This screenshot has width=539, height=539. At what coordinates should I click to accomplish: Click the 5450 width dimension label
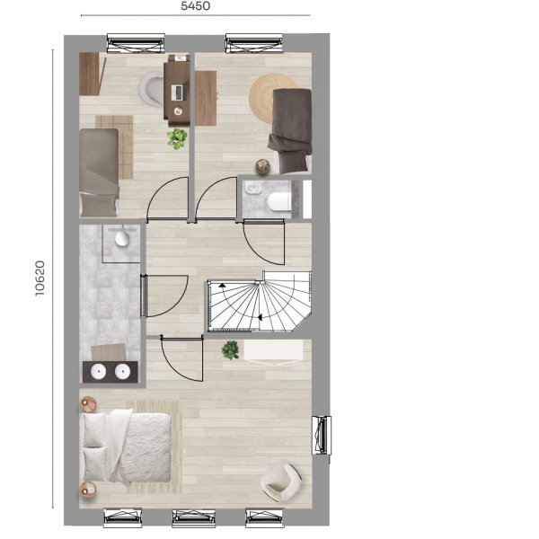click(195, 6)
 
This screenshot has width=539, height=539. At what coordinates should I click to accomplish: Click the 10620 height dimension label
click(40, 278)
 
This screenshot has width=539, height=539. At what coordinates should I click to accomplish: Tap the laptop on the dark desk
click(179, 93)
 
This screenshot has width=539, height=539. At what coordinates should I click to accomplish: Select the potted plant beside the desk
click(177, 139)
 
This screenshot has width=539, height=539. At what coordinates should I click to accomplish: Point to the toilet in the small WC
click(279, 201)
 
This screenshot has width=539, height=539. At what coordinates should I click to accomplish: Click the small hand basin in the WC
click(253, 188)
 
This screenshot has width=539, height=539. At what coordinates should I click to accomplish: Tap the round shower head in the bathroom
click(121, 239)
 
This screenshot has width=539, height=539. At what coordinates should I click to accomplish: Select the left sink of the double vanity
click(98, 372)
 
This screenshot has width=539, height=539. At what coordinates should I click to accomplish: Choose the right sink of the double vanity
click(122, 372)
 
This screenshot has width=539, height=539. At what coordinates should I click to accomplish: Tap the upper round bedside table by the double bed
click(88, 404)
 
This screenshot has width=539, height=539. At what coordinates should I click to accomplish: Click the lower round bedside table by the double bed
click(88, 490)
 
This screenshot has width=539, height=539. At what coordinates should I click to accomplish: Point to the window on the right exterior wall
click(322, 435)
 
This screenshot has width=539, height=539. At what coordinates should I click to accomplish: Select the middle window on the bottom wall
click(193, 518)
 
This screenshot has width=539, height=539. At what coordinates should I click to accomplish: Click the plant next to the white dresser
click(230, 350)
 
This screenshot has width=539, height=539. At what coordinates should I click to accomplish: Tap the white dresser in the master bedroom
click(273, 352)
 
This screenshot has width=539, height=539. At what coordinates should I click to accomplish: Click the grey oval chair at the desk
click(152, 88)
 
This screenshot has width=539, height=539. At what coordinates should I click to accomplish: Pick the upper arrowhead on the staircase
click(223, 285)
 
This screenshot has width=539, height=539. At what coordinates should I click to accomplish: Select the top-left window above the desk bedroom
click(136, 43)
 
